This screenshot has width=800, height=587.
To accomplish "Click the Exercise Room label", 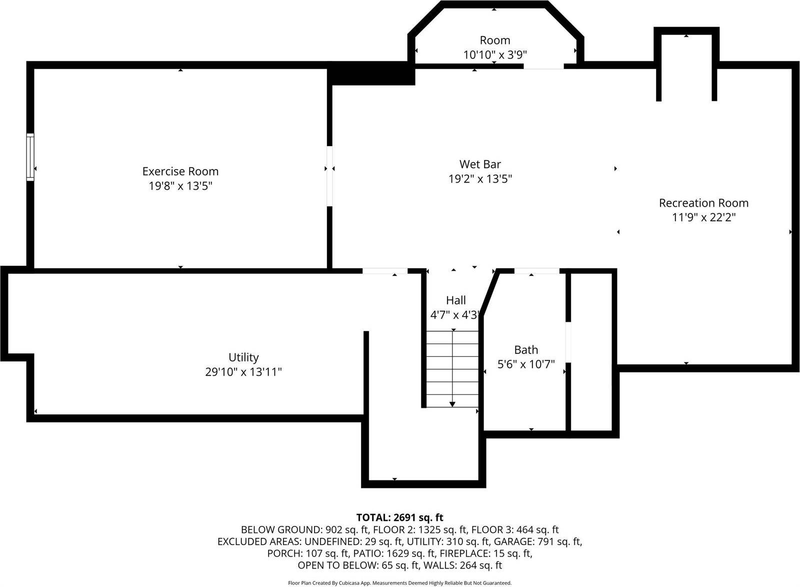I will (180, 171).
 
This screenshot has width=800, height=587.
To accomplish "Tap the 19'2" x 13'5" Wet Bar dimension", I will (480, 179).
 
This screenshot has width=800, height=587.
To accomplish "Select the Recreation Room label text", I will (703, 203).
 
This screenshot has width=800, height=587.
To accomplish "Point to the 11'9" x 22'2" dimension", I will (703, 218).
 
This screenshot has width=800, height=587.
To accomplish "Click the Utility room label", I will (243, 357).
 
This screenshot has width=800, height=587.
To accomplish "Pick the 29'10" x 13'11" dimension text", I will (243, 372).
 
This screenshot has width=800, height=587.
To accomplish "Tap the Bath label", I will (526, 350).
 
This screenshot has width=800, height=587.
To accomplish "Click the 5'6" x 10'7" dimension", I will (526, 364).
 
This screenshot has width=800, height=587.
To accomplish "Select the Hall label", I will (455, 300).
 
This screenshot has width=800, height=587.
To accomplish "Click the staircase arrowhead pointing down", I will (452, 404).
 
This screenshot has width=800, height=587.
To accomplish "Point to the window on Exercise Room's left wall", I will (30, 157).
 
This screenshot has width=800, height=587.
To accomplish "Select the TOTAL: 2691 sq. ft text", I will (399, 517).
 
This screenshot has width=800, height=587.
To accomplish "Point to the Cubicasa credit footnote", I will (399, 583).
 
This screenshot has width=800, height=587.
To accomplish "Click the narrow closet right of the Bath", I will (591, 350).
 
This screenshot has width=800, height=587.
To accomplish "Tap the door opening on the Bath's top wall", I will (536, 271).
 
